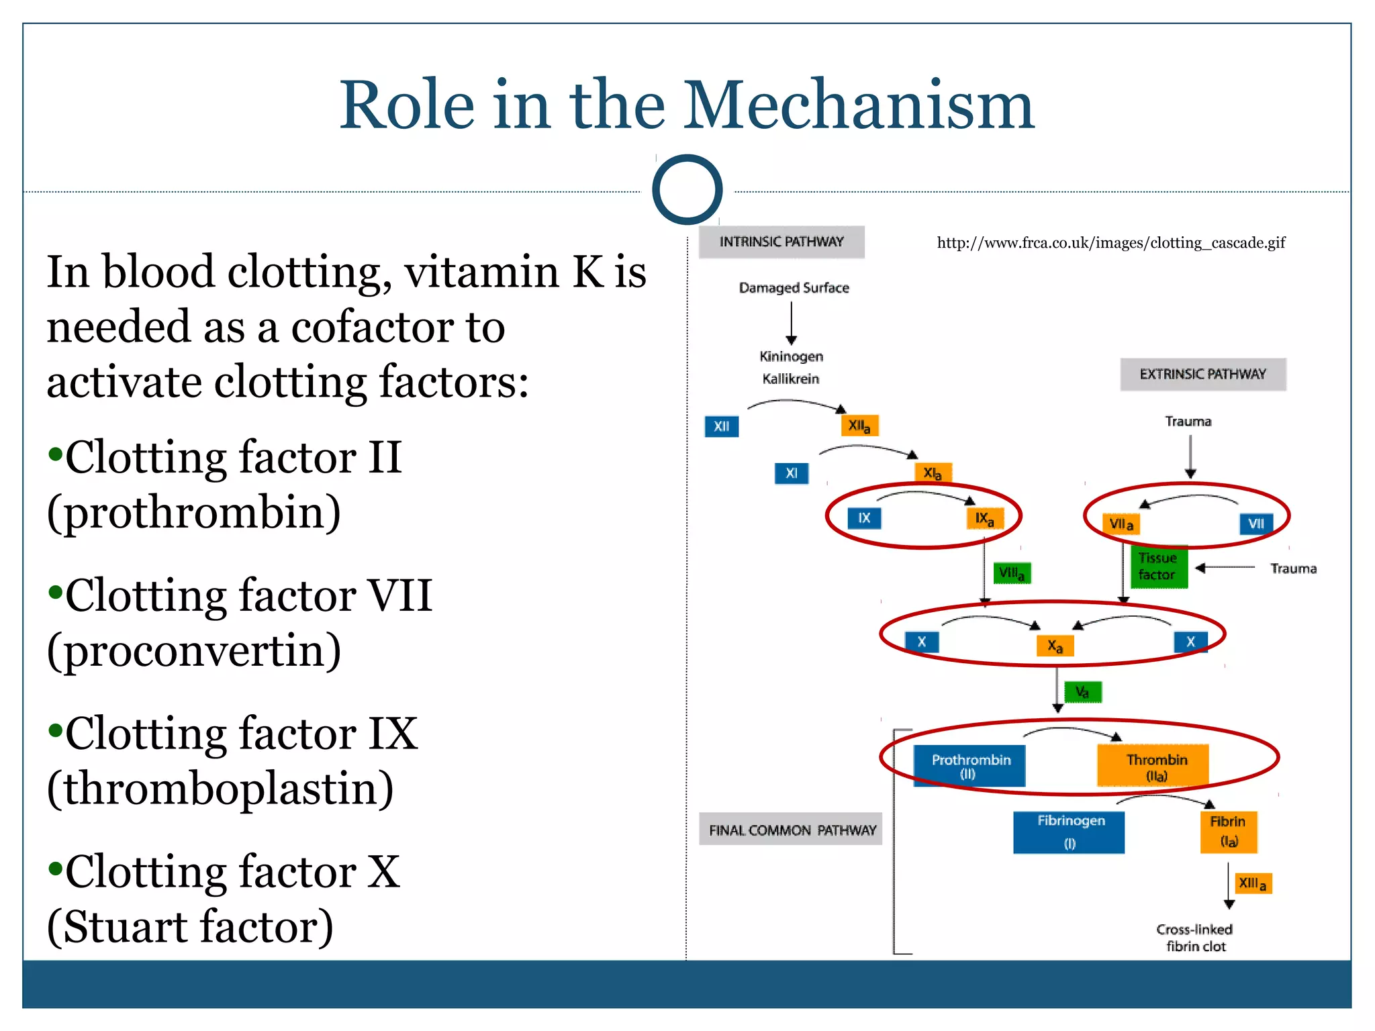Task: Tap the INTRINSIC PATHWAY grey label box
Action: tap(781, 242)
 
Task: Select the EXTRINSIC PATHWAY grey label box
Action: tap(1202, 374)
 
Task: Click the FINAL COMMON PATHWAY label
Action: tap(792, 830)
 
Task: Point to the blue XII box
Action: tap(721, 426)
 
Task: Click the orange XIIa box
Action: tap(859, 426)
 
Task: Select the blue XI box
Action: tap(792, 473)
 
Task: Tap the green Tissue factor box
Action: tap(1157, 567)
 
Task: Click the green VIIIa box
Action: tap(1011, 573)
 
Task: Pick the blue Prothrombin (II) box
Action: tap(969, 765)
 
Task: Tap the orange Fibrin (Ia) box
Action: tap(1228, 831)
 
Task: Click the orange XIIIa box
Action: tap(1252, 883)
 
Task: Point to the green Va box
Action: tap(1082, 692)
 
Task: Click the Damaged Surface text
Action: tap(794, 288)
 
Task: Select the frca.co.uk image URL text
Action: tap(1110, 243)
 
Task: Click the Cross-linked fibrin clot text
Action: tap(1194, 937)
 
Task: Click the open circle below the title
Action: tap(687, 189)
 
